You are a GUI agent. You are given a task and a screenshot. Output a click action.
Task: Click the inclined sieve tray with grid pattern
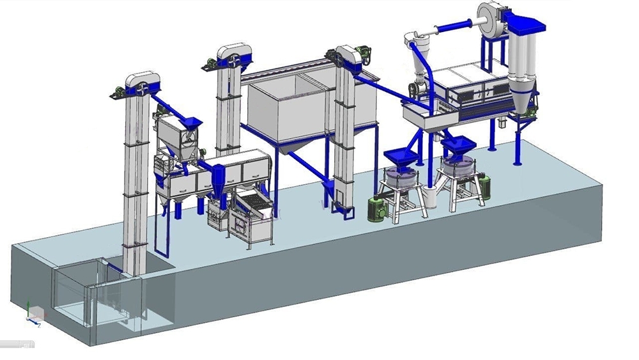point(254,205)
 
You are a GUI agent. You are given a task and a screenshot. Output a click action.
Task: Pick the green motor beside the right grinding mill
point(484,187)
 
